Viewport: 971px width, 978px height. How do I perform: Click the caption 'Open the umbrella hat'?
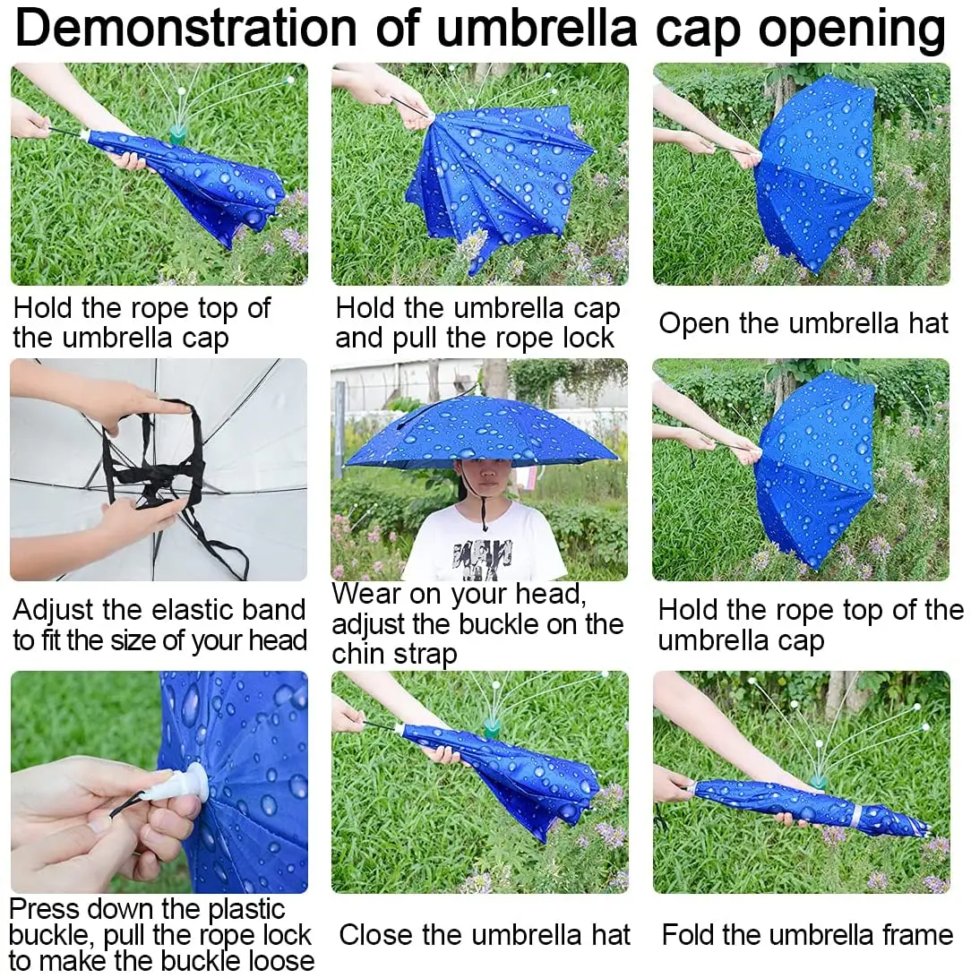click(x=803, y=323)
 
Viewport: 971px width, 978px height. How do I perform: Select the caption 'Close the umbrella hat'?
click(x=485, y=935)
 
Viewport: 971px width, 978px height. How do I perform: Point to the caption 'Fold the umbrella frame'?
click(x=807, y=935)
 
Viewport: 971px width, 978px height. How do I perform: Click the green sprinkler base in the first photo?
click(x=178, y=134)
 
